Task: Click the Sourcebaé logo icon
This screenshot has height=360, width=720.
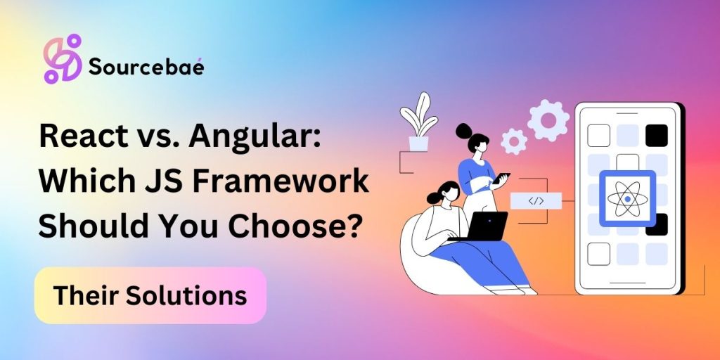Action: tap(63, 59)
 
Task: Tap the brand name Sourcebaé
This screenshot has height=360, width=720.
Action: tap(146, 67)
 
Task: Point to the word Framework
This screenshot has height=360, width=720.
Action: tap(281, 182)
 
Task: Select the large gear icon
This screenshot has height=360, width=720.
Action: tap(548, 120)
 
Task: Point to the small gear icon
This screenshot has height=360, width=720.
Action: tap(514, 141)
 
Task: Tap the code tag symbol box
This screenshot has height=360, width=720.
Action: tap(536, 200)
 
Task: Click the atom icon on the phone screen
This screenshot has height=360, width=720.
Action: tap(628, 199)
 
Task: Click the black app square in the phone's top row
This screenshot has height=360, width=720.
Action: tap(656, 136)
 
